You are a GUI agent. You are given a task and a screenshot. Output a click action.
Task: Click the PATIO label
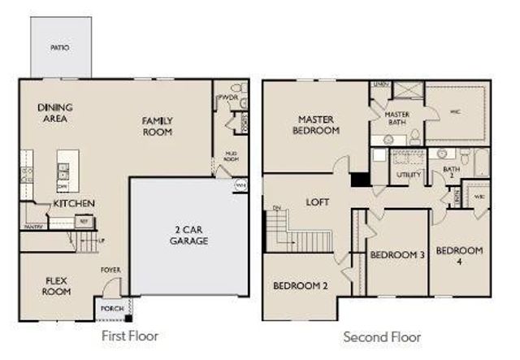tap(59, 48)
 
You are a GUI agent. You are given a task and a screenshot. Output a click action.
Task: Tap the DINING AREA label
tap(55, 113)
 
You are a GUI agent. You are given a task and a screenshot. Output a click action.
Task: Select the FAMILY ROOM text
tap(158, 126)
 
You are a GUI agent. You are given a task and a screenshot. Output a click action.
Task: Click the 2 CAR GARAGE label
tap(188, 235)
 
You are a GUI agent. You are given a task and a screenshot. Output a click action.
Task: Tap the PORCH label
tap(110, 310)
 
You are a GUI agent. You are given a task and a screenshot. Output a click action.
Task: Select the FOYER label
tap(110, 270)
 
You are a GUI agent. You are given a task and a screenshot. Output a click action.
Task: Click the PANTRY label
tap(32, 227)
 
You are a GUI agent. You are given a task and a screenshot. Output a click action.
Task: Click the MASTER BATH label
tap(396, 119)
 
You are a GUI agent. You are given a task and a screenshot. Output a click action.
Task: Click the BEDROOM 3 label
tap(397, 255)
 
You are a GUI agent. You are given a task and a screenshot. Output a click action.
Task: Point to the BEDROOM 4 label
tap(459, 255)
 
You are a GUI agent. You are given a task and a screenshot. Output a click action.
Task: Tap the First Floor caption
tap(130, 335)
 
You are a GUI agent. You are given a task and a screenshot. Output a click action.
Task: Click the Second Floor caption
tap(382, 336)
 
